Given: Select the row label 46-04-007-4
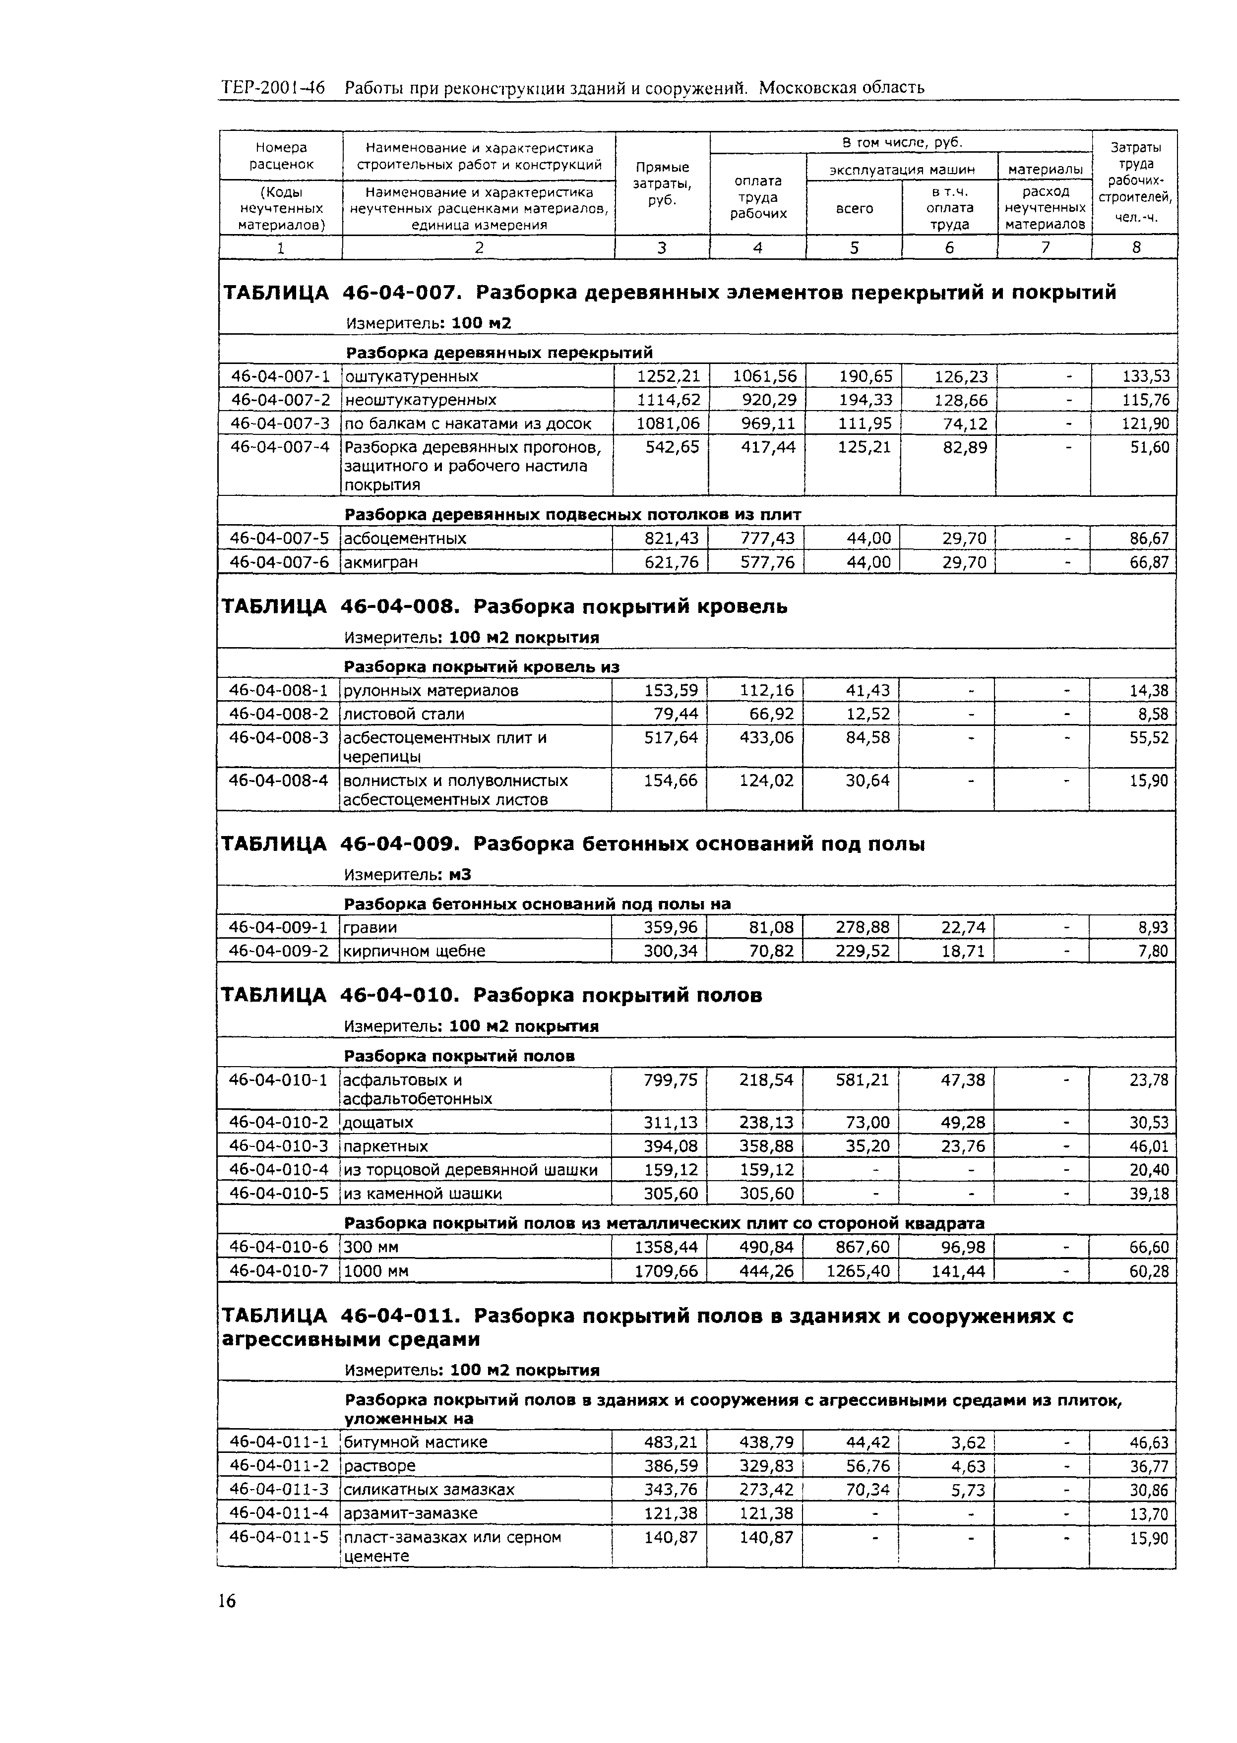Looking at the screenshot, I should coord(280,447).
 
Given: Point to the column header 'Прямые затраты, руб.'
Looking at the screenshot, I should coord(662,183).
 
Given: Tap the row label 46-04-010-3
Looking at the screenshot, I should coord(279,1146).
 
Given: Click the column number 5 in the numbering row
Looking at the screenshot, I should coord(854,247).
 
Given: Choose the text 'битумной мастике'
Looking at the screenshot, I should coord(415,1442).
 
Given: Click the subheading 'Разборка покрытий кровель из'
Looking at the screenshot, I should coord(482,667).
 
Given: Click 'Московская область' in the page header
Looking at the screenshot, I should coord(842,88).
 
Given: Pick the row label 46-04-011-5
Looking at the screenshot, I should coord(279,1537).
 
